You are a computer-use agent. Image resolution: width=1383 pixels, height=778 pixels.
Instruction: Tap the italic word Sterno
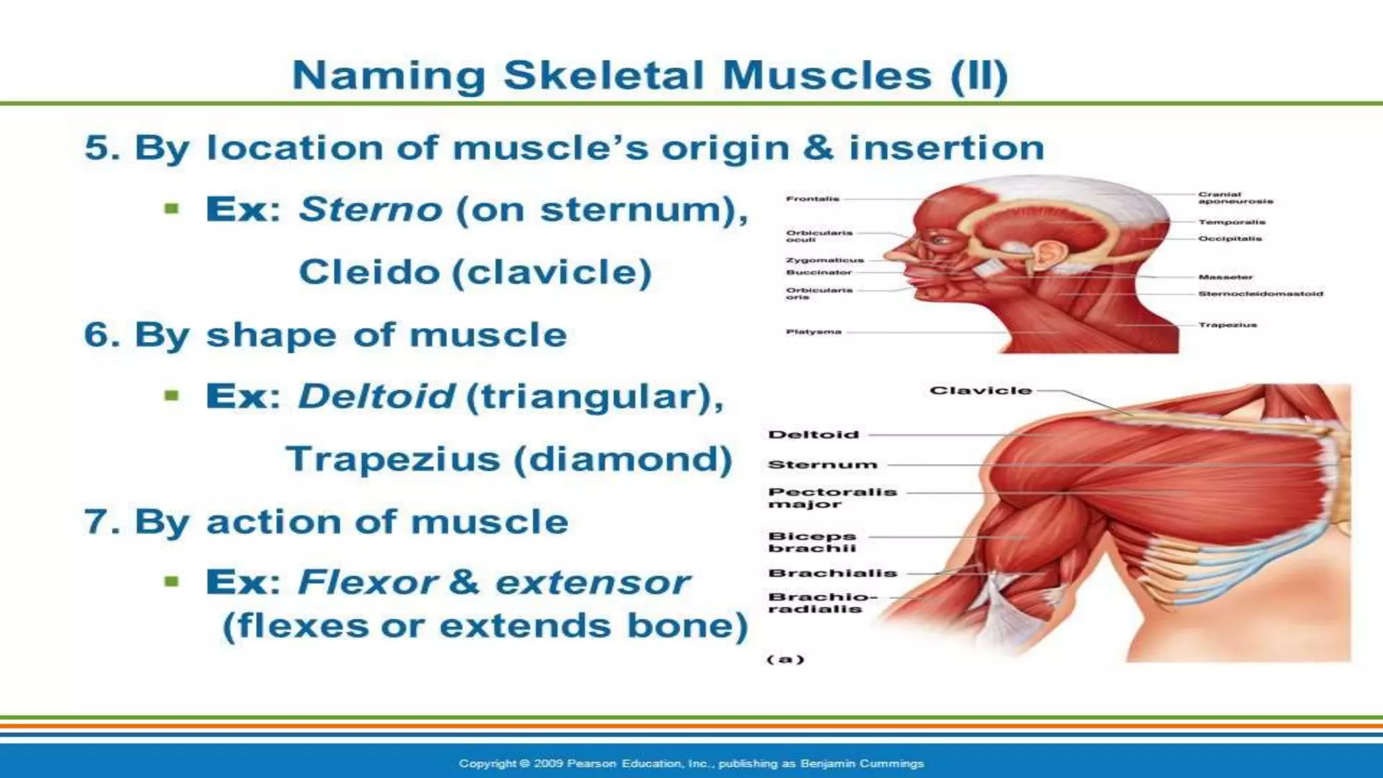(x=370, y=209)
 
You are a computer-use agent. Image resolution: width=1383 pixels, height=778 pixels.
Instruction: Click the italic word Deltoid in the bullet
(x=376, y=396)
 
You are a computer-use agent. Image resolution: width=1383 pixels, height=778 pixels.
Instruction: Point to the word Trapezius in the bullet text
(x=393, y=460)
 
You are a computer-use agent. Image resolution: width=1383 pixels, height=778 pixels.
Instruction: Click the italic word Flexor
(x=368, y=583)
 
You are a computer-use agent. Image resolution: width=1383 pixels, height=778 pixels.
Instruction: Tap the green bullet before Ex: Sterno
(x=172, y=209)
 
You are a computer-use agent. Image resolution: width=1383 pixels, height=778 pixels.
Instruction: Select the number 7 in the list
(x=99, y=522)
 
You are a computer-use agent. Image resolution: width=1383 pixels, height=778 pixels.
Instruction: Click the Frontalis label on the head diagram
(x=812, y=199)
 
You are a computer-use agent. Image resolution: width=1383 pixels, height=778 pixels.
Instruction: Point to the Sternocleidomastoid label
(x=1260, y=294)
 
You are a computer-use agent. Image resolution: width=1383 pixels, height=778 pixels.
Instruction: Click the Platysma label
(x=813, y=332)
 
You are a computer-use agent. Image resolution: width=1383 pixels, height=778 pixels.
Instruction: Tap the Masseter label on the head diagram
(x=1225, y=277)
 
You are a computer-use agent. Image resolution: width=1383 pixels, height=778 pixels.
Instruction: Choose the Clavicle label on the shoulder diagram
(x=981, y=390)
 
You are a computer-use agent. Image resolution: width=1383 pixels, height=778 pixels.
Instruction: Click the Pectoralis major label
(x=832, y=498)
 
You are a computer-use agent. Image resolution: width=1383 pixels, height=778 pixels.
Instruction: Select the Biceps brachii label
(x=812, y=542)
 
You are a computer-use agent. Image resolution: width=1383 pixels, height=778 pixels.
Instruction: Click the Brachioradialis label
(x=821, y=602)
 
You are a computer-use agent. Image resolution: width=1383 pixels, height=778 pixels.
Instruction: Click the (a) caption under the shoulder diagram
(x=785, y=659)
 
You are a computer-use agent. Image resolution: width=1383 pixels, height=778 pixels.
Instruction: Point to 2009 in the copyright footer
(x=548, y=764)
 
